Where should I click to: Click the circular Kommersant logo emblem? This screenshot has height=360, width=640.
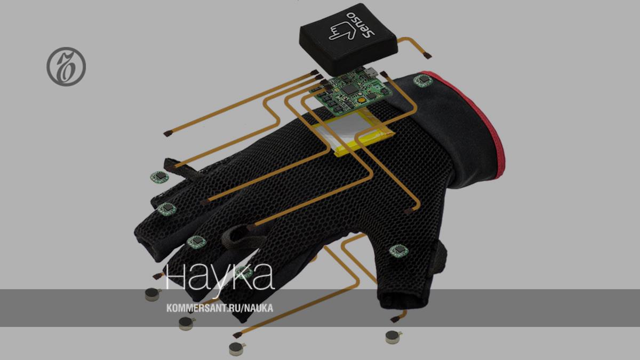point(66,67)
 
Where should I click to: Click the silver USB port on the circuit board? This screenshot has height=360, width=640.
point(371,72)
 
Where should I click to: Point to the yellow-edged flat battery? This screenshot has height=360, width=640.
point(354,133)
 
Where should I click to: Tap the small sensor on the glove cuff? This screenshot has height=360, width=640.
point(423,81)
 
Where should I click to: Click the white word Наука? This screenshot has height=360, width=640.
point(219,276)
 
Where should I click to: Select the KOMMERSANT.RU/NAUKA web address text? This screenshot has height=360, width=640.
point(219,308)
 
